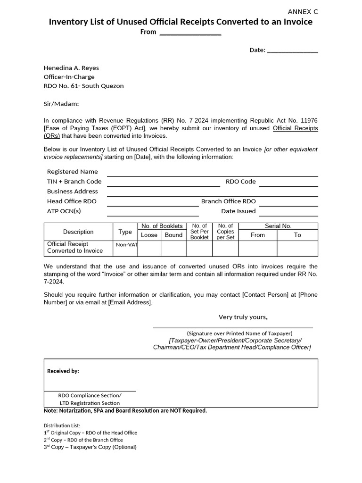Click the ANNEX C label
pyautogui.click(x=303, y=12)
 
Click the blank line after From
pyautogui.click(x=190, y=33)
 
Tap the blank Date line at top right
pyautogui.click(x=292, y=50)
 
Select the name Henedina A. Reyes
pyautogui.click(x=71, y=68)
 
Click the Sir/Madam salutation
pyautogui.click(x=61, y=104)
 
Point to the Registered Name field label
pyautogui.click(x=73, y=172)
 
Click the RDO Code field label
pyautogui.click(x=240, y=182)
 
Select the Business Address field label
pyautogui.click(x=73, y=192)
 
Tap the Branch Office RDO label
pyautogui.click(x=228, y=201)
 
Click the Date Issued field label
pyautogui.click(x=238, y=211)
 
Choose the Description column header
pyautogui.click(x=78, y=232)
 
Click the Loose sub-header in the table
pyautogui.click(x=149, y=235)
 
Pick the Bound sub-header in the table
pyautogui.click(x=173, y=235)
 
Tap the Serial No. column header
pyautogui.click(x=278, y=226)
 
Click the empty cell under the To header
pyautogui.click(x=297, y=248)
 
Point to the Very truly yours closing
pyautogui.click(x=243, y=317)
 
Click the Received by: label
pyautogui.click(x=63, y=371)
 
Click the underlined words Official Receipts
pyautogui.click(x=295, y=128)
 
